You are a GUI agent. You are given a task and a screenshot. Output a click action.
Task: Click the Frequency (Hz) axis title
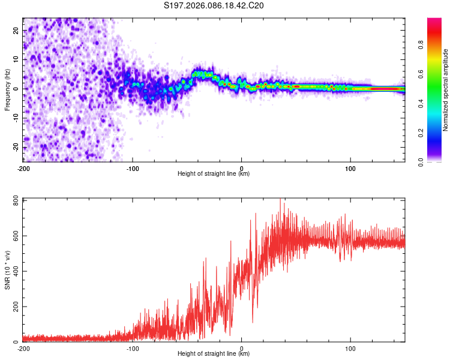click(8, 89)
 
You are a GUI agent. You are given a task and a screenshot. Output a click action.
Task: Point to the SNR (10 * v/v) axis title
click(8, 271)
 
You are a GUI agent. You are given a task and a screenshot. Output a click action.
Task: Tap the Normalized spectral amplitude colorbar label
click(445, 90)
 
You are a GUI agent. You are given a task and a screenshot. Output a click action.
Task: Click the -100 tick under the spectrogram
click(133, 167)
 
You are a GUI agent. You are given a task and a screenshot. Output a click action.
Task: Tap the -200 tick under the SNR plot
click(23, 348)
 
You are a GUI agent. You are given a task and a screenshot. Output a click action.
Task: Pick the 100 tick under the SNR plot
click(350, 348)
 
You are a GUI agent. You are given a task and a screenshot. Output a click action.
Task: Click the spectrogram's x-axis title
click(214, 174)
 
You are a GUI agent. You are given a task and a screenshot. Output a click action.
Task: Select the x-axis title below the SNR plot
click(214, 354)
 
